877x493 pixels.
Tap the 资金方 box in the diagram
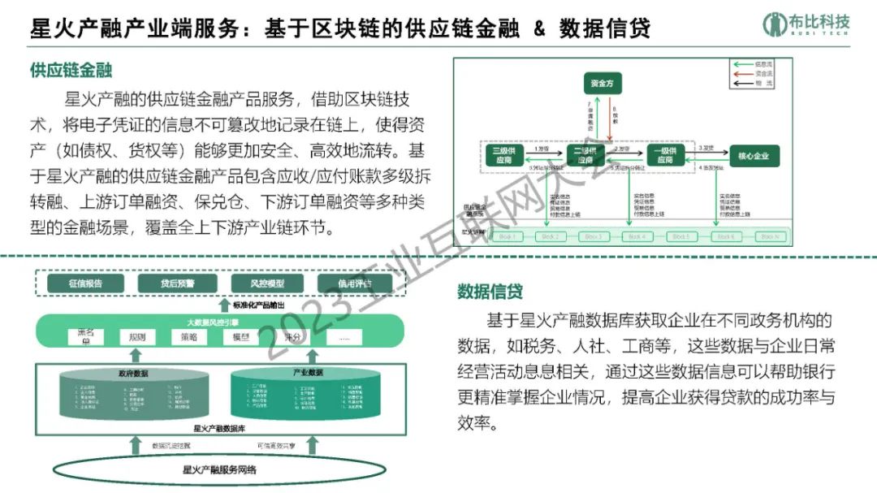click(x=602, y=84)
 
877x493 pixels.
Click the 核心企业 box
click(x=754, y=155)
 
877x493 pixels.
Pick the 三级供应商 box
click(x=503, y=155)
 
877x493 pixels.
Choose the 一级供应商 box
click(x=665, y=155)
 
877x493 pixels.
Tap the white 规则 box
click(x=136, y=337)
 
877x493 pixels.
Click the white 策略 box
click(x=188, y=337)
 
